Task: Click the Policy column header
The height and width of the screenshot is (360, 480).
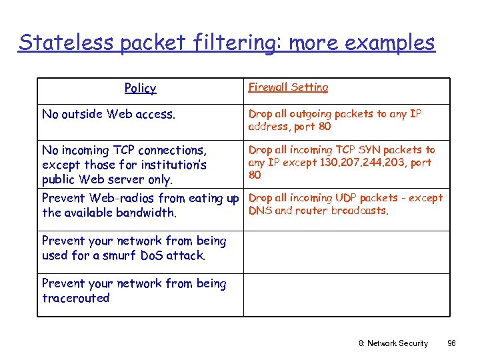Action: coord(140,88)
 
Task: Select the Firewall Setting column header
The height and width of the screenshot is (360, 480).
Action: coord(288,87)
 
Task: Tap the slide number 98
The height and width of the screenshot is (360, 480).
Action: coord(451,343)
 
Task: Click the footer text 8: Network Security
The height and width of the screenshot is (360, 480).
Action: coord(393,343)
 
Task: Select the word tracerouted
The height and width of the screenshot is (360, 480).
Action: coord(75,298)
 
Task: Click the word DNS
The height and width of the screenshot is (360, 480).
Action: coord(259,211)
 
